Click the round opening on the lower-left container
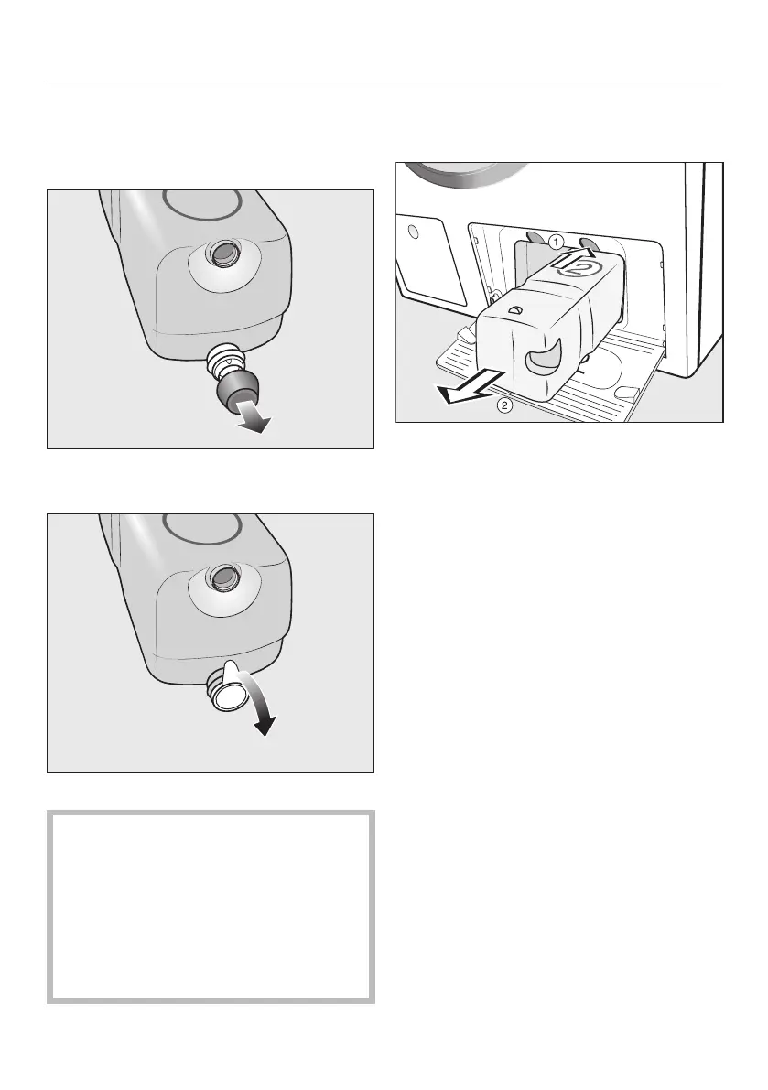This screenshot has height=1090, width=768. [223, 577]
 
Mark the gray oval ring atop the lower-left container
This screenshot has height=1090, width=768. [200, 525]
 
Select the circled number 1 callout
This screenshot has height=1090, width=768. [555, 243]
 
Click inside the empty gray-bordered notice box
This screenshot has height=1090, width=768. [211, 906]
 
